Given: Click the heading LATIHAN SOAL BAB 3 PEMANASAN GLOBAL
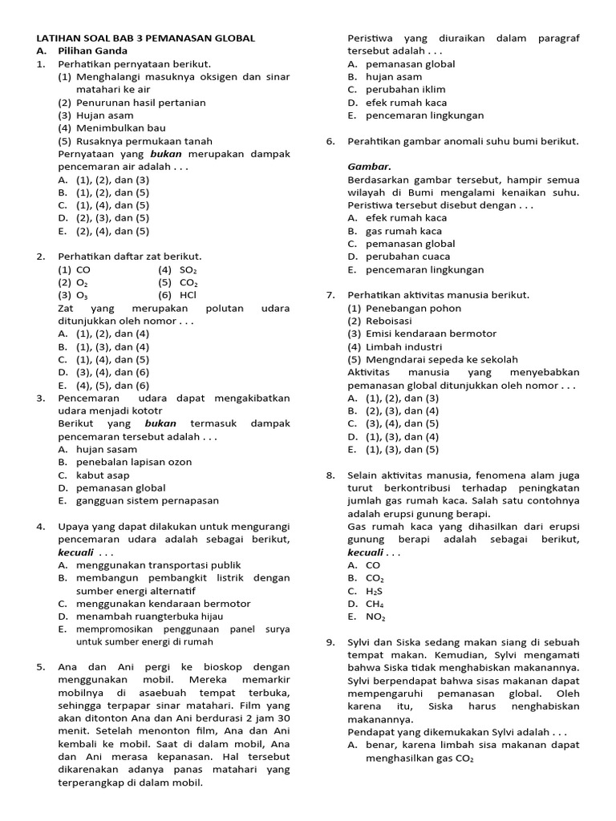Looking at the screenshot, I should pyautogui.click(x=146, y=38).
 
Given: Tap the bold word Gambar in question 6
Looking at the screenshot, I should pyautogui.click(x=369, y=166).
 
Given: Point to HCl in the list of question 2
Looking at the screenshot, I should pyautogui.click(x=188, y=295).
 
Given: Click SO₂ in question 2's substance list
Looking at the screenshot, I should pyautogui.click(x=188, y=269).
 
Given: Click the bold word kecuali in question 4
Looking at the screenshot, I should pyautogui.click(x=76, y=552).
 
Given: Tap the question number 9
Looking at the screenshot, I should pyautogui.click(x=330, y=642).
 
